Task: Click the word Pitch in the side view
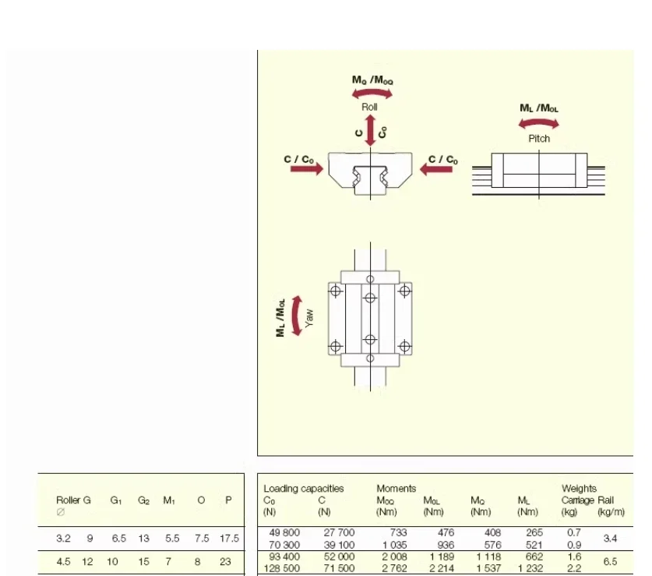(539, 139)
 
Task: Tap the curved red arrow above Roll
(372, 93)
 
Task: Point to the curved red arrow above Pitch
(539, 123)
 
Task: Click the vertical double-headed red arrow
(371, 130)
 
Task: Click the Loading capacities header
(303, 489)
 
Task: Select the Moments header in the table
(396, 489)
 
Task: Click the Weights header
(579, 489)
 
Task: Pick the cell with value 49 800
(284, 532)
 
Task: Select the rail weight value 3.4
(611, 538)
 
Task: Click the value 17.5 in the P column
(229, 539)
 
